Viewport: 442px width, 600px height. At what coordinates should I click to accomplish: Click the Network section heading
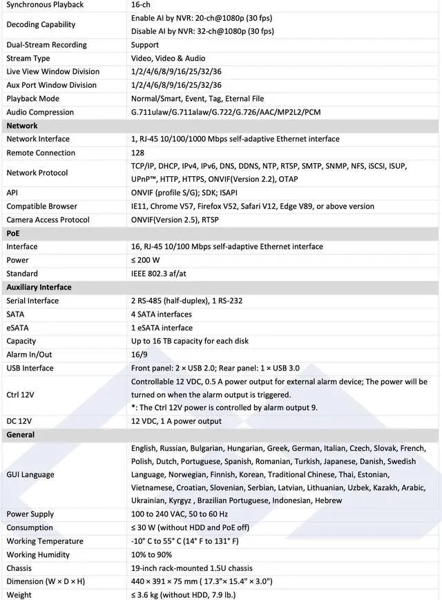(x=22, y=126)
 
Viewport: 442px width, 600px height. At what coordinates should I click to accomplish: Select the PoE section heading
(x=13, y=234)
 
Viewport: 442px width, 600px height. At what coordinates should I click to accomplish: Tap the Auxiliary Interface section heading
(x=39, y=287)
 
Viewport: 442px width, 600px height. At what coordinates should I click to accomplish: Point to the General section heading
(x=21, y=435)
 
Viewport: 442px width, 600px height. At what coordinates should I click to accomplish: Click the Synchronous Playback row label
(x=45, y=5)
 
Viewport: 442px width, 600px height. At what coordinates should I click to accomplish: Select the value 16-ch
(x=142, y=5)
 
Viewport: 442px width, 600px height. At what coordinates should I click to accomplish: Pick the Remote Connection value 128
(x=137, y=153)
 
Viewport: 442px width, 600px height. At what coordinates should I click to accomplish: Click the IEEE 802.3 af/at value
(x=158, y=274)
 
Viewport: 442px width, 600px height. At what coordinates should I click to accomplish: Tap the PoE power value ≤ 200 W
(x=146, y=261)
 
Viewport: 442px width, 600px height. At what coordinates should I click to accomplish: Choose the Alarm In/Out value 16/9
(x=140, y=355)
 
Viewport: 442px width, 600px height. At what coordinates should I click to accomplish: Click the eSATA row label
(x=17, y=328)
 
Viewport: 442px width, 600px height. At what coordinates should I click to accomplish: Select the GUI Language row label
(x=30, y=474)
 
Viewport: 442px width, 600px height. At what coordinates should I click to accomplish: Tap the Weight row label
(x=19, y=595)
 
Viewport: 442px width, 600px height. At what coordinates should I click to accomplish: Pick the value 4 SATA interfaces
(x=162, y=315)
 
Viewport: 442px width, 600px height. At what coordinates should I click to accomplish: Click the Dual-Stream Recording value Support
(x=145, y=45)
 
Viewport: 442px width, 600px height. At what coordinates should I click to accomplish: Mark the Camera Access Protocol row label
(x=48, y=220)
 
